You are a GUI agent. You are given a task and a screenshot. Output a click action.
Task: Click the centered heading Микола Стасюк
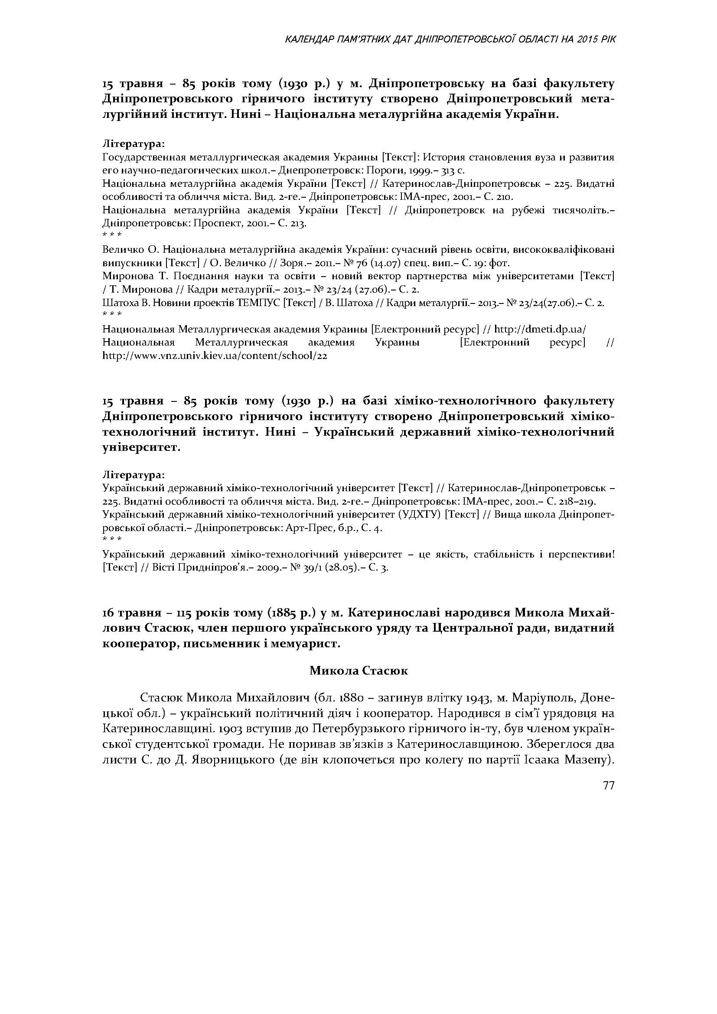tap(358, 670)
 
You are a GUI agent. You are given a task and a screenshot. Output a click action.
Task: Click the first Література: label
tap(134, 144)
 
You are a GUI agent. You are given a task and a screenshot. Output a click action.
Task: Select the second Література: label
tap(134, 475)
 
